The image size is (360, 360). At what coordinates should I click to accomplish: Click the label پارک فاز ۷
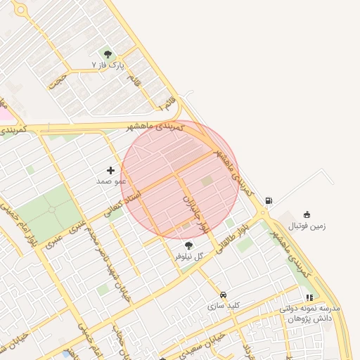[108, 65]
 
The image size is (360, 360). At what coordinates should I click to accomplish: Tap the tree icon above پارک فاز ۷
[108, 53]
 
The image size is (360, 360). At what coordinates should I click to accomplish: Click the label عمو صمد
[111, 181]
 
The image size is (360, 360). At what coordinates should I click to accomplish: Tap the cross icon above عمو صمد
[110, 169]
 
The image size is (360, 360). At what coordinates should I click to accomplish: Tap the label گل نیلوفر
[188, 257]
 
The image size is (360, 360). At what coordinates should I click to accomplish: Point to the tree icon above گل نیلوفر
[188, 245]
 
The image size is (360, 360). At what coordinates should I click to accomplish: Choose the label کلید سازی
[224, 306]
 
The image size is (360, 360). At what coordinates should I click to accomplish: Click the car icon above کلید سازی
[224, 295]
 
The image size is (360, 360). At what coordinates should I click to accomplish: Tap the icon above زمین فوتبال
[307, 214]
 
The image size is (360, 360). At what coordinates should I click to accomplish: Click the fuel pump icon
[269, 201]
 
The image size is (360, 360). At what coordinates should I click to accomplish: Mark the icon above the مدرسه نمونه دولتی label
[309, 297]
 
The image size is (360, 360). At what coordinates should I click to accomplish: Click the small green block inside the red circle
[207, 181]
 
